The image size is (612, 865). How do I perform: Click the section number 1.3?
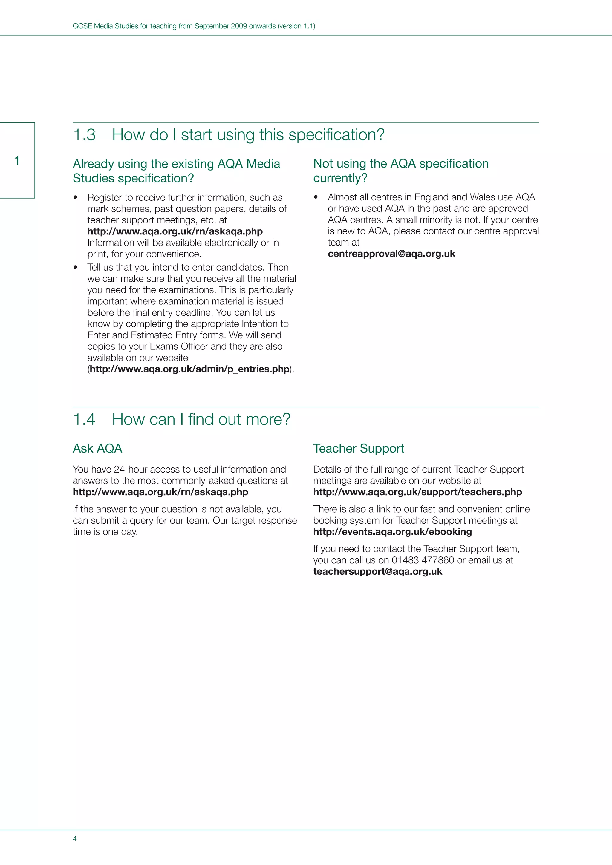coord(84,135)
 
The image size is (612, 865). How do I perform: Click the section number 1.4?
coord(84,419)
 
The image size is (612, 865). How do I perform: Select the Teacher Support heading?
coord(358,448)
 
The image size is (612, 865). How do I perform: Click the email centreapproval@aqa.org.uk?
coord(391,254)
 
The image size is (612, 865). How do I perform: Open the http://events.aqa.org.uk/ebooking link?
coord(392,532)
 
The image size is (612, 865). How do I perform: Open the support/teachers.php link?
coord(417,492)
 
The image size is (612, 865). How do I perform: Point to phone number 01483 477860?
coord(423,560)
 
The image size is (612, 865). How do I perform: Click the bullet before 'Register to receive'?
coord(75,197)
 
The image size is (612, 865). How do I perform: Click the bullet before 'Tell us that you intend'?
coord(75,268)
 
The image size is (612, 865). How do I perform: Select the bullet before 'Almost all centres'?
coord(316,197)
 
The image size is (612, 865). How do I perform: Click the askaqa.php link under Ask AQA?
coord(160,492)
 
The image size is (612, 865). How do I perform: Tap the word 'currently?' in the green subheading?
coord(340,178)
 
